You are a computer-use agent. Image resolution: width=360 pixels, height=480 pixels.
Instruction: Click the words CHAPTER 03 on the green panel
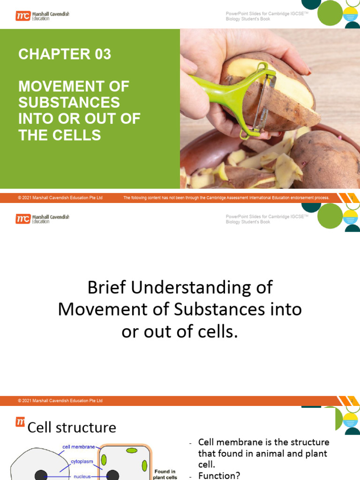tap(65, 54)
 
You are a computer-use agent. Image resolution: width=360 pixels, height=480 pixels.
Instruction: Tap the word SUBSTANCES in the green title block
tap(69, 103)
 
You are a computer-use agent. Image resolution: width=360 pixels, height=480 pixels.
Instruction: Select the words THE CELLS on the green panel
tap(60, 135)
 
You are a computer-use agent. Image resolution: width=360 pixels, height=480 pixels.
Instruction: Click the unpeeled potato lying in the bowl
tap(323, 159)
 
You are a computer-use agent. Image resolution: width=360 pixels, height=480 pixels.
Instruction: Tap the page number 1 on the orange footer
tap(351, 198)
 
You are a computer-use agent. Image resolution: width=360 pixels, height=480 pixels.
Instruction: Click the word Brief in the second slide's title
tap(109, 287)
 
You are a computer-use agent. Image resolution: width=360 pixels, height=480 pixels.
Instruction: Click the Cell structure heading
tap(72, 427)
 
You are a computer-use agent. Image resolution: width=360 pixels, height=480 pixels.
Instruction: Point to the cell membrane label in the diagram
tap(78, 447)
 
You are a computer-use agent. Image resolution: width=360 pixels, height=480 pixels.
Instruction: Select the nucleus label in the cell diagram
tap(85, 476)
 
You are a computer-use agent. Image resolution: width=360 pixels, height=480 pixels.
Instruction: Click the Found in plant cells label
tap(165, 474)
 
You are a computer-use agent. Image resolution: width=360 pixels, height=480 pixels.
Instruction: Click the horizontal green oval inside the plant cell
tap(132, 450)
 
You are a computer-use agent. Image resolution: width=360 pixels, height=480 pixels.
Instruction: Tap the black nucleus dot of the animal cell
tap(41, 475)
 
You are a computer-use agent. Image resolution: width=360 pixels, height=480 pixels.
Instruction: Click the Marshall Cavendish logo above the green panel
tap(42, 16)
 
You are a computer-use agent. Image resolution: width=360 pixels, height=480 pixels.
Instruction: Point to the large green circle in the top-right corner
tap(330, 13)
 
